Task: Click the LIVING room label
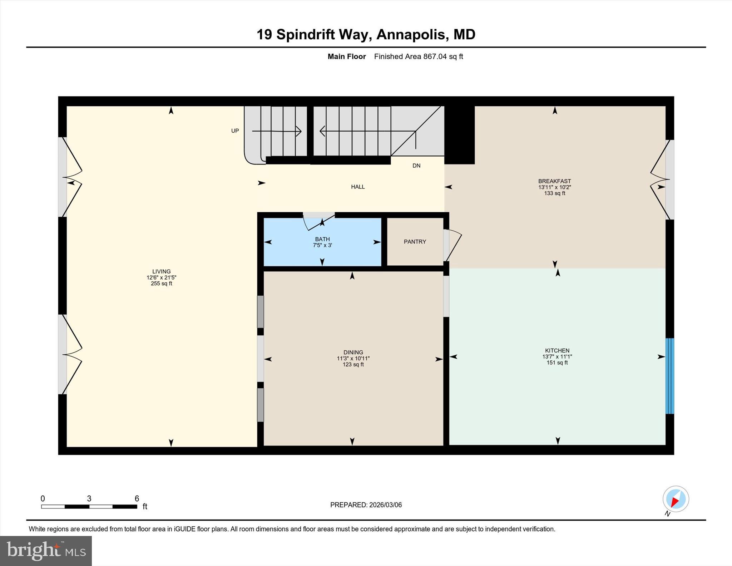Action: tap(161, 271)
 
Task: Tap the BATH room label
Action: tap(322, 239)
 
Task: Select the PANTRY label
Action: tap(415, 242)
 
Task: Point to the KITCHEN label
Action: tap(557, 350)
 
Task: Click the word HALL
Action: tap(357, 187)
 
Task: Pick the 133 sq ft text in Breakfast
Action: tap(554, 193)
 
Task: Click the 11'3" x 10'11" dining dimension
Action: tap(353, 358)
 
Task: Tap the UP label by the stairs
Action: tap(235, 131)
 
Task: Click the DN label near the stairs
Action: tap(416, 166)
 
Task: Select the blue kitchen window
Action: tap(669, 376)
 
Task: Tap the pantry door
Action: tap(452, 246)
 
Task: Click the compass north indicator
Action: tap(676, 499)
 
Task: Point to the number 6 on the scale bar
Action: tap(137, 498)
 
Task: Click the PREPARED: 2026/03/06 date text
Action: tap(366, 505)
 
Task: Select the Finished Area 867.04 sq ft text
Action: tap(418, 56)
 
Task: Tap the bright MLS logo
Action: tap(46, 551)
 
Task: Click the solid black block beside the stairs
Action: tap(459, 135)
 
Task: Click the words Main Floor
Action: tap(346, 56)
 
